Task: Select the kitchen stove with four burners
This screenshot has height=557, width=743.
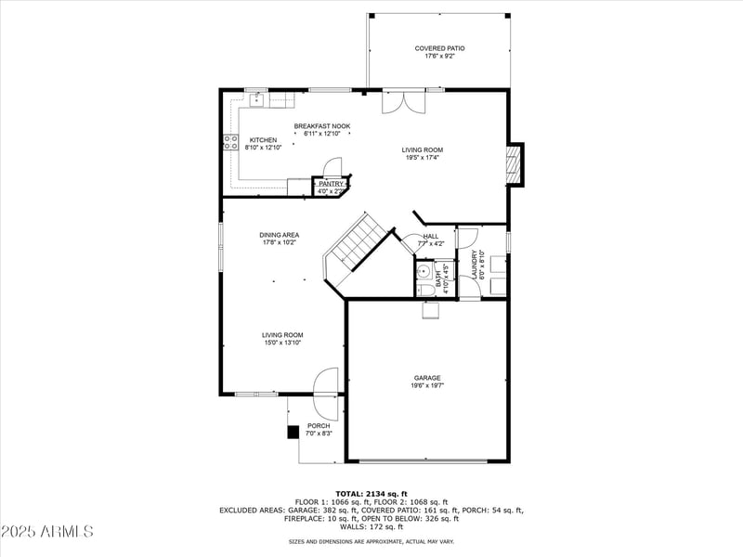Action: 229,142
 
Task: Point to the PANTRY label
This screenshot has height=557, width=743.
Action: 331,184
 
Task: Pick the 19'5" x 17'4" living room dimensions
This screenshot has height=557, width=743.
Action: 422,158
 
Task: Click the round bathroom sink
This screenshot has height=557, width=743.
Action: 424,272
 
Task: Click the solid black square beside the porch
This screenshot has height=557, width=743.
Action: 293,431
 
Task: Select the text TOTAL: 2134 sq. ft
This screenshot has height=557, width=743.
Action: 371,493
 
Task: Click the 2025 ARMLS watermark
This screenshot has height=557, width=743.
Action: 47,532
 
